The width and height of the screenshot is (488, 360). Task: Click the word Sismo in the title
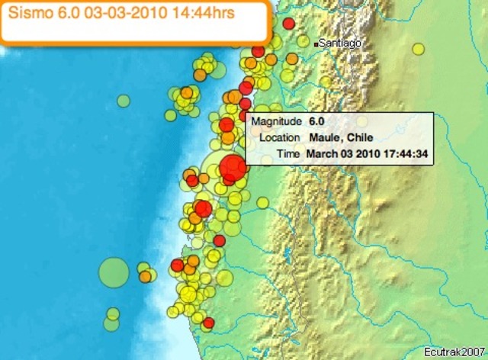click(x=28, y=14)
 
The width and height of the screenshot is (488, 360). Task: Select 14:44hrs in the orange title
click(x=186, y=14)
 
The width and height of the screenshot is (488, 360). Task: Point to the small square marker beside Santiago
click(x=316, y=44)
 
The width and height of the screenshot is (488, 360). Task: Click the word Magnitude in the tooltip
click(x=276, y=122)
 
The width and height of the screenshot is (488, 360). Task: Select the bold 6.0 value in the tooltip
click(x=317, y=122)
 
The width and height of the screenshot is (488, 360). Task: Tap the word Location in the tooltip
click(x=281, y=138)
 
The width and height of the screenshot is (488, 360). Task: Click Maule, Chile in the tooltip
click(x=341, y=138)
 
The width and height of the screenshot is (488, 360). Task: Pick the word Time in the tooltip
click(x=288, y=154)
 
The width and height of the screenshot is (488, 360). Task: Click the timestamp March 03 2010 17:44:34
click(x=366, y=154)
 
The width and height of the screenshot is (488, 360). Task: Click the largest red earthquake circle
click(x=232, y=167)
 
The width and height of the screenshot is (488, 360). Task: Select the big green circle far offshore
click(x=114, y=272)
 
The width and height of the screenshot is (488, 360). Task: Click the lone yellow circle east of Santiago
click(x=418, y=49)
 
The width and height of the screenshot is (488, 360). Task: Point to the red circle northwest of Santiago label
click(x=288, y=24)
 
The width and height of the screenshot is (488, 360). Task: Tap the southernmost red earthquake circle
click(x=209, y=323)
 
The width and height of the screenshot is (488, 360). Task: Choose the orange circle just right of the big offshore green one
click(x=145, y=276)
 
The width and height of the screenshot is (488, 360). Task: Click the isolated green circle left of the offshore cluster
click(x=124, y=100)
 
